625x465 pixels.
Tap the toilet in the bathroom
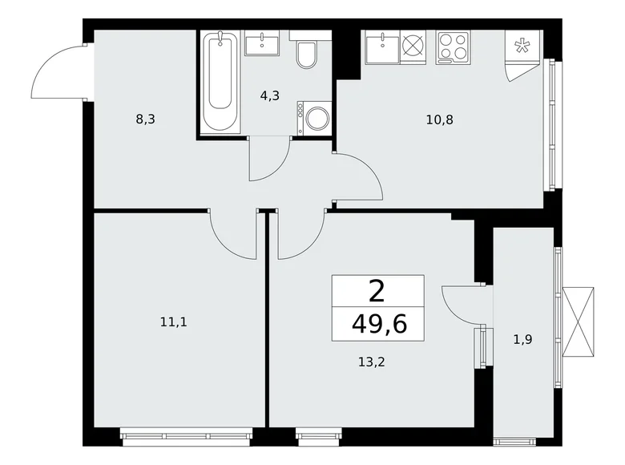coord(306,53)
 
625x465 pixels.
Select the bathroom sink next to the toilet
coord(261,45)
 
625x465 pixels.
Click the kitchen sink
coord(381,48)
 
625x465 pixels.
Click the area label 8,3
coord(145,119)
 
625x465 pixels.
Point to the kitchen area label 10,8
coord(440,120)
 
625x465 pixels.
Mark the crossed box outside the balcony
coord(579,321)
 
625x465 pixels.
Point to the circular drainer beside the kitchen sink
coord(412,45)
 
